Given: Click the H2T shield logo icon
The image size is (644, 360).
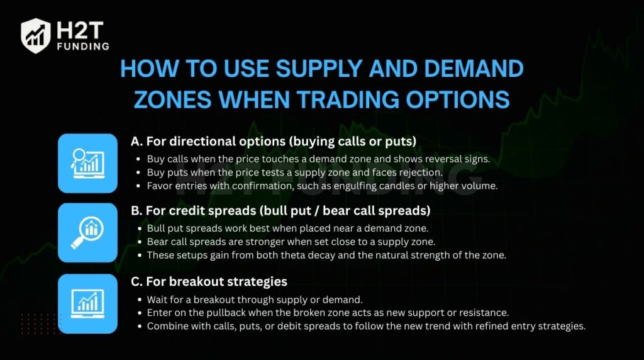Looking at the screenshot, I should tap(36, 35).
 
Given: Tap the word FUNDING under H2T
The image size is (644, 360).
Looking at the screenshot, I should tap(82, 46).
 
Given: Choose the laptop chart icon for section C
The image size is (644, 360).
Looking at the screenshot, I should tap(87, 303).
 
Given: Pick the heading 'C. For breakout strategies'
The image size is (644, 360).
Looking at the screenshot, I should tap(208, 281).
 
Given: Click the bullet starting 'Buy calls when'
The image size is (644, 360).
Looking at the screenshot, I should tap(318, 159).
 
